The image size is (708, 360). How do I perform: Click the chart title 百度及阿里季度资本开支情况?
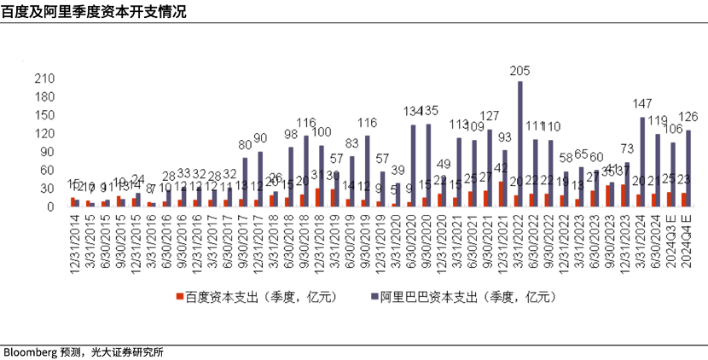[94, 11]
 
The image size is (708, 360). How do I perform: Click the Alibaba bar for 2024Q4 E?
[688, 167]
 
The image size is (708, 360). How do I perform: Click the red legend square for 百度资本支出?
[180, 297]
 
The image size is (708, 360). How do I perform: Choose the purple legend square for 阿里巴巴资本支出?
[374, 297]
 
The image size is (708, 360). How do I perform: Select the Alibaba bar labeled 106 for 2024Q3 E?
[672, 174]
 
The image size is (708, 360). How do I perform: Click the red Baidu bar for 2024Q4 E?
[682, 199]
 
